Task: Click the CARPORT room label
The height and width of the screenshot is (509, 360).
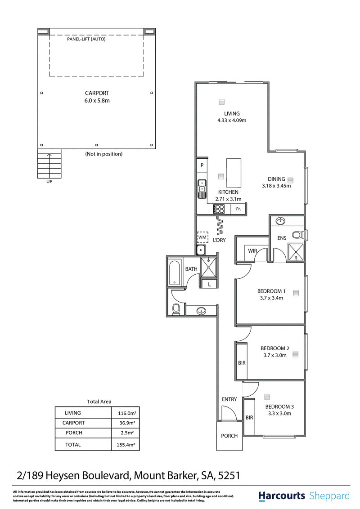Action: (x=97, y=93)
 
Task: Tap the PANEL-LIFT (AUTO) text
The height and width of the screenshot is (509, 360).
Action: (x=86, y=39)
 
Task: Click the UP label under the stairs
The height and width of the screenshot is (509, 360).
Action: (x=49, y=182)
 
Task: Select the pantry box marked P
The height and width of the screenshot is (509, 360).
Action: (x=202, y=165)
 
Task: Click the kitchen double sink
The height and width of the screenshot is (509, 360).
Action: (x=202, y=189)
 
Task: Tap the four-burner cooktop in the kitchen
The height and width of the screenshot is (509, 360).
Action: (x=219, y=209)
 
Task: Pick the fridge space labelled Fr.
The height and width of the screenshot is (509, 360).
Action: (x=238, y=209)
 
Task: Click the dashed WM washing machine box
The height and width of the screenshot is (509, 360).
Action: (x=202, y=237)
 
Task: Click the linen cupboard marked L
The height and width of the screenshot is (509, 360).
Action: (x=209, y=284)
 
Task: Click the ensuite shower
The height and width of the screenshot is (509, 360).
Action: (x=296, y=252)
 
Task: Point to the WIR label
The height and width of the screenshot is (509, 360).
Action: (x=252, y=251)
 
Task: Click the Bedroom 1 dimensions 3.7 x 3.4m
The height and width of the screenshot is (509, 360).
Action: (x=272, y=298)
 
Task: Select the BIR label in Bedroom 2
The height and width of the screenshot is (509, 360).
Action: (x=242, y=363)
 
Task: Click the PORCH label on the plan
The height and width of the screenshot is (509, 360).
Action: (x=229, y=436)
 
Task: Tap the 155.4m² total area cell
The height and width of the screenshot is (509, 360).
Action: (x=126, y=445)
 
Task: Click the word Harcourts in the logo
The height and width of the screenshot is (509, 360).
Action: (x=282, y=496)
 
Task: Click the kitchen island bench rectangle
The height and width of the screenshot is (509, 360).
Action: (x=234, y=173)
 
